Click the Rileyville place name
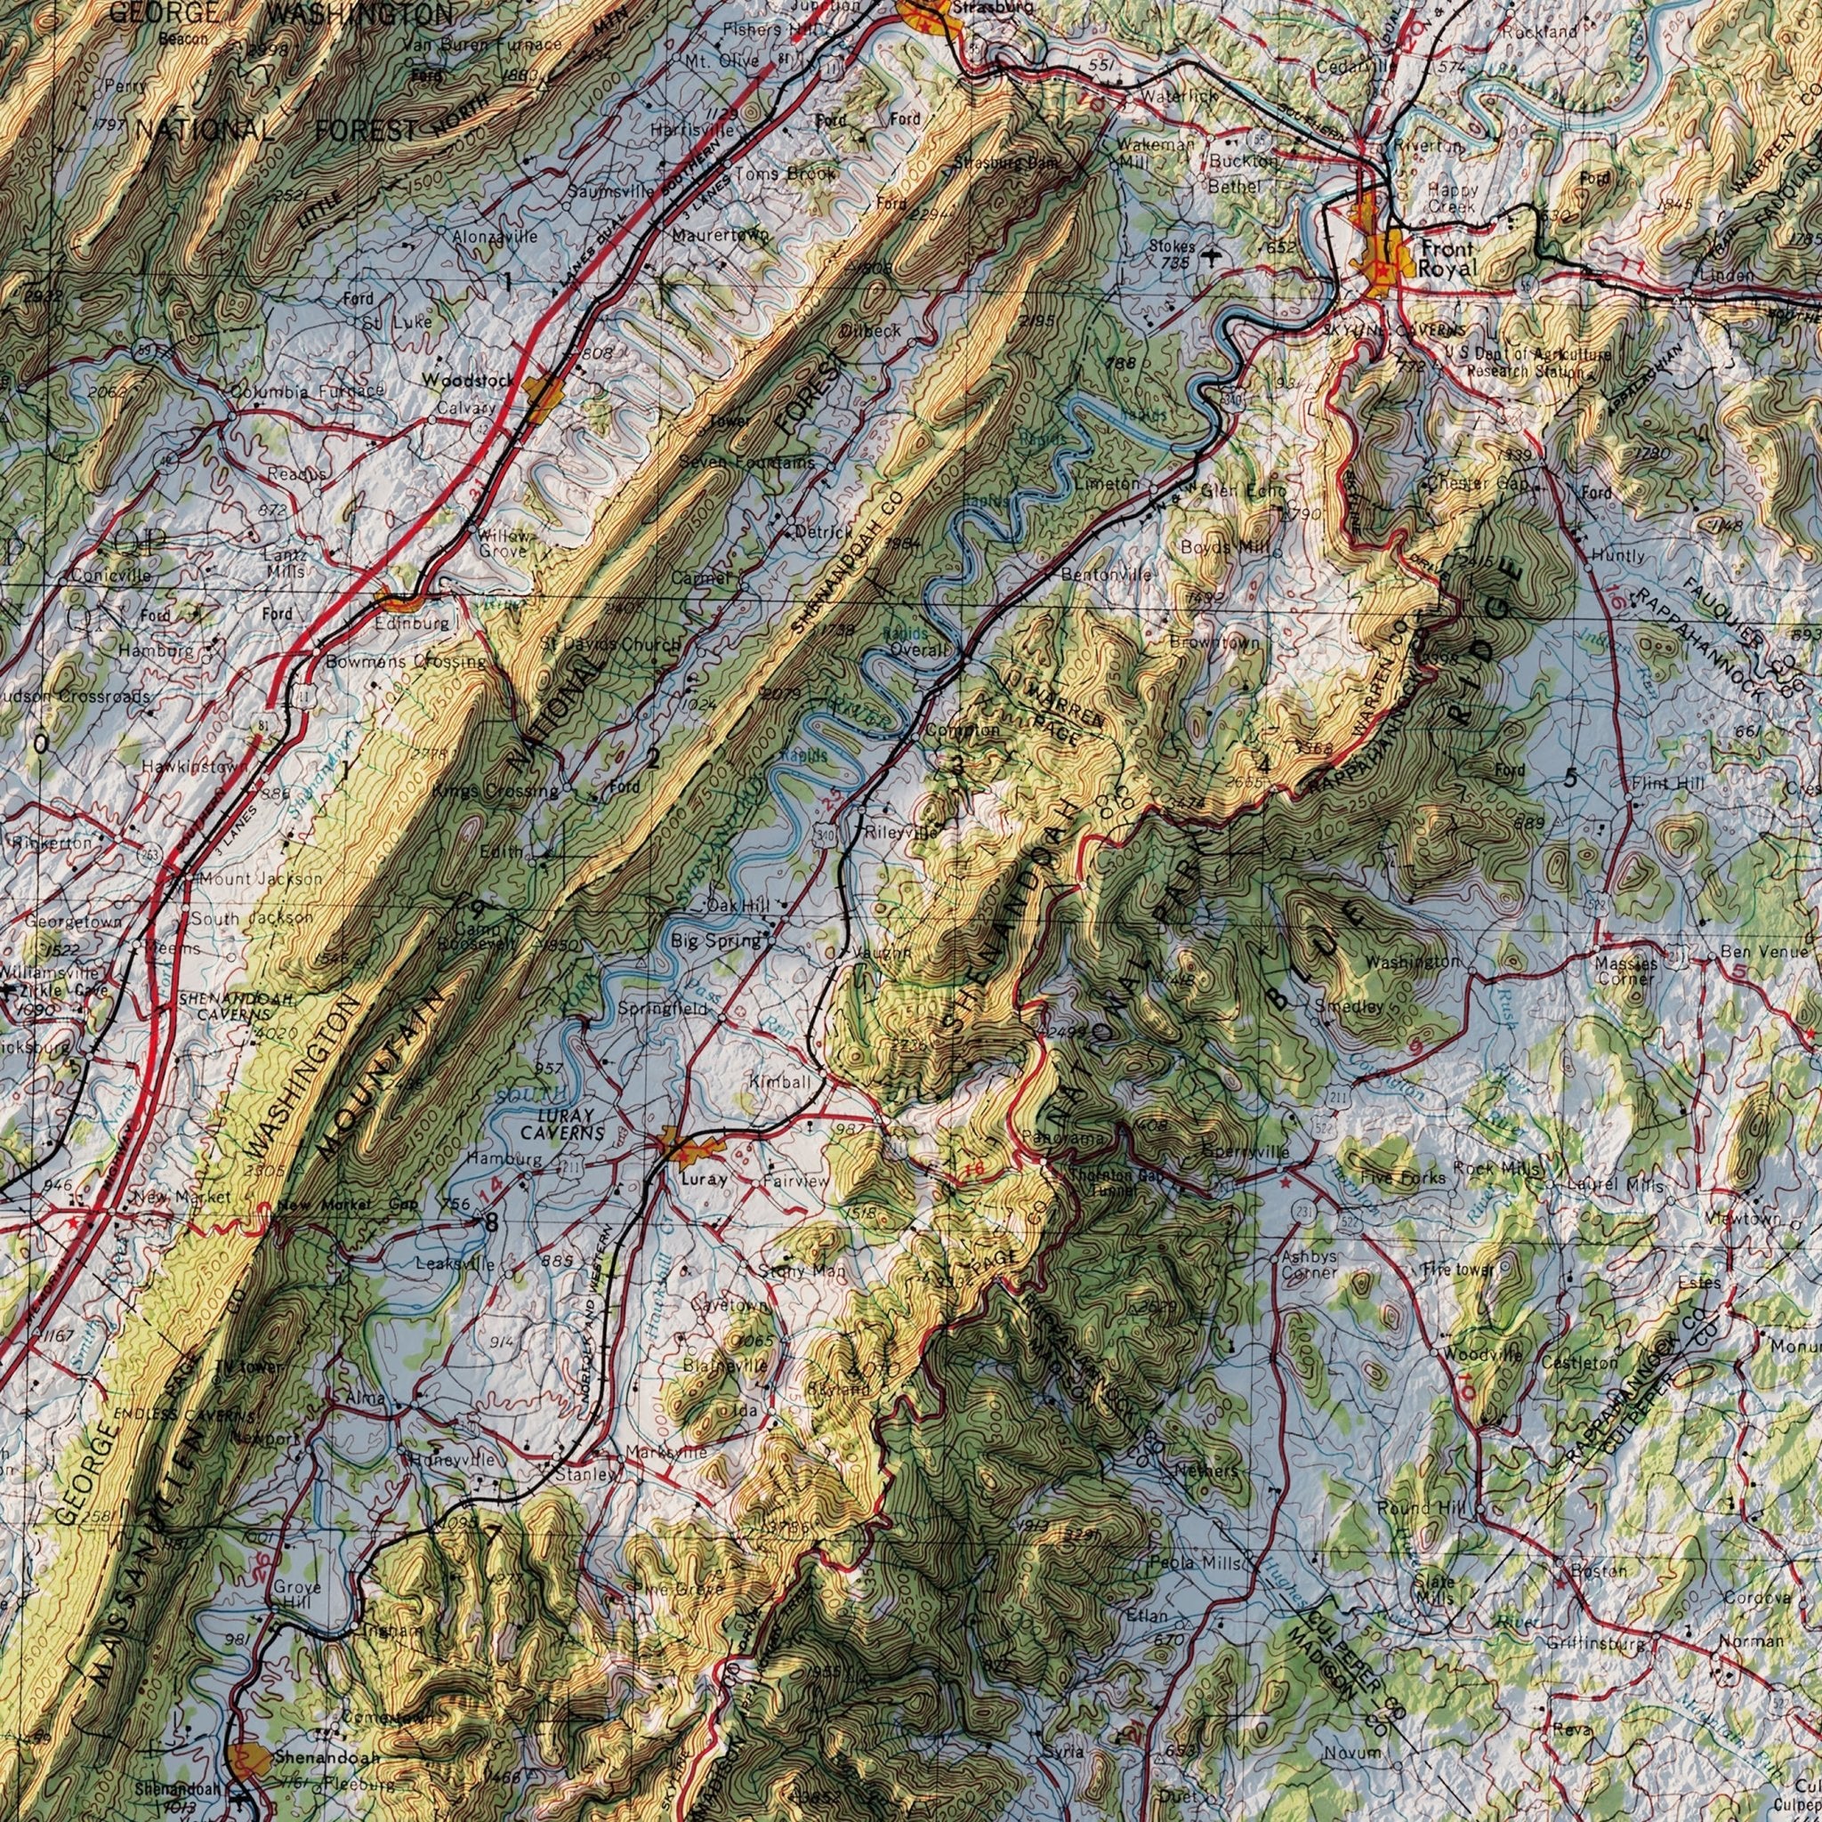pos(900,834)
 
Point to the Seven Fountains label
pos(746,463)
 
